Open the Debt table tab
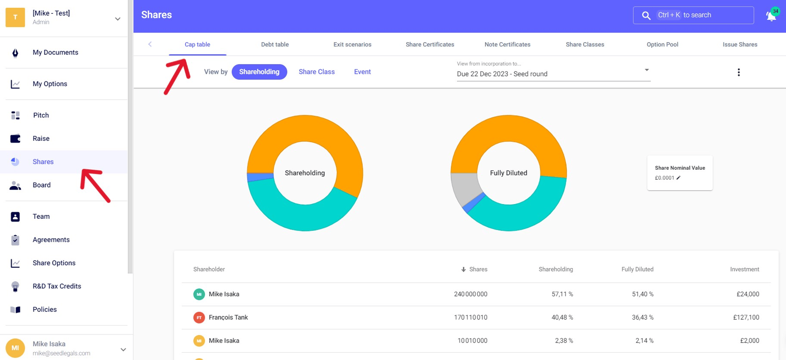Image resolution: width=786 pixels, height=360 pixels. point(275,44)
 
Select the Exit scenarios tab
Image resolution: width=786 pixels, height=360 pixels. point(352,44)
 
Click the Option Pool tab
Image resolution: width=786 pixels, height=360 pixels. point(662,44)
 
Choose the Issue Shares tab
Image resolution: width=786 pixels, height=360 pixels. point(739,44)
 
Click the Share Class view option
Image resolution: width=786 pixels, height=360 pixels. point(316,72)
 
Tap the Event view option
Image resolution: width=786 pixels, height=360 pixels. point(362,72)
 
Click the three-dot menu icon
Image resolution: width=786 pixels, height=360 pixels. point(738,72)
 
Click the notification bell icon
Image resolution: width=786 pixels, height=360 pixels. point(771,16)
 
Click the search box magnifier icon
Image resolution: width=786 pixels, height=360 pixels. point(646,16)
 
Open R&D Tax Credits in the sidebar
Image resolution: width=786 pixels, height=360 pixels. point(56,286)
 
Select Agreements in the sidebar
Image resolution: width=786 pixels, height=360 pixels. point(51,240)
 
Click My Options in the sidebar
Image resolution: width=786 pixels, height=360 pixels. point(49,84)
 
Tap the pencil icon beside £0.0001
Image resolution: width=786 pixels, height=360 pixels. point(678,178)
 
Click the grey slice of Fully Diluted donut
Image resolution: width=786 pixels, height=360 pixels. point(464,188)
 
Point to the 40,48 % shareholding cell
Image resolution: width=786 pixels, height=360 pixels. point(562,317)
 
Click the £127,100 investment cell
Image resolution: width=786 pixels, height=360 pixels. point(746,317)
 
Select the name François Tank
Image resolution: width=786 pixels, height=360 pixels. point(228,317)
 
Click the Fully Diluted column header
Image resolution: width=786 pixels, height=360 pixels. point(637,269)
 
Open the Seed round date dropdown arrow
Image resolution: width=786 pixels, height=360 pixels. point(646,70)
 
